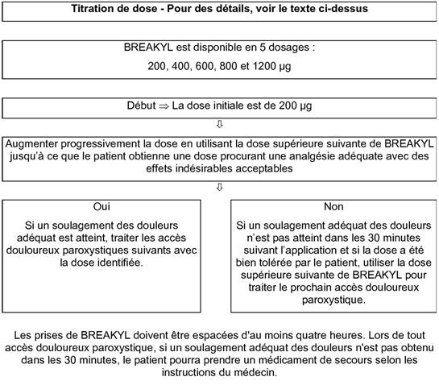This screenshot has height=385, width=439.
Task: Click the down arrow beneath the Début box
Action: pos(219,125)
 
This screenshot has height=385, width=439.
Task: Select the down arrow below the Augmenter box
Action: pos(219,188)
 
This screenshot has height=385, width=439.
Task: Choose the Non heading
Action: pos(333,207)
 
